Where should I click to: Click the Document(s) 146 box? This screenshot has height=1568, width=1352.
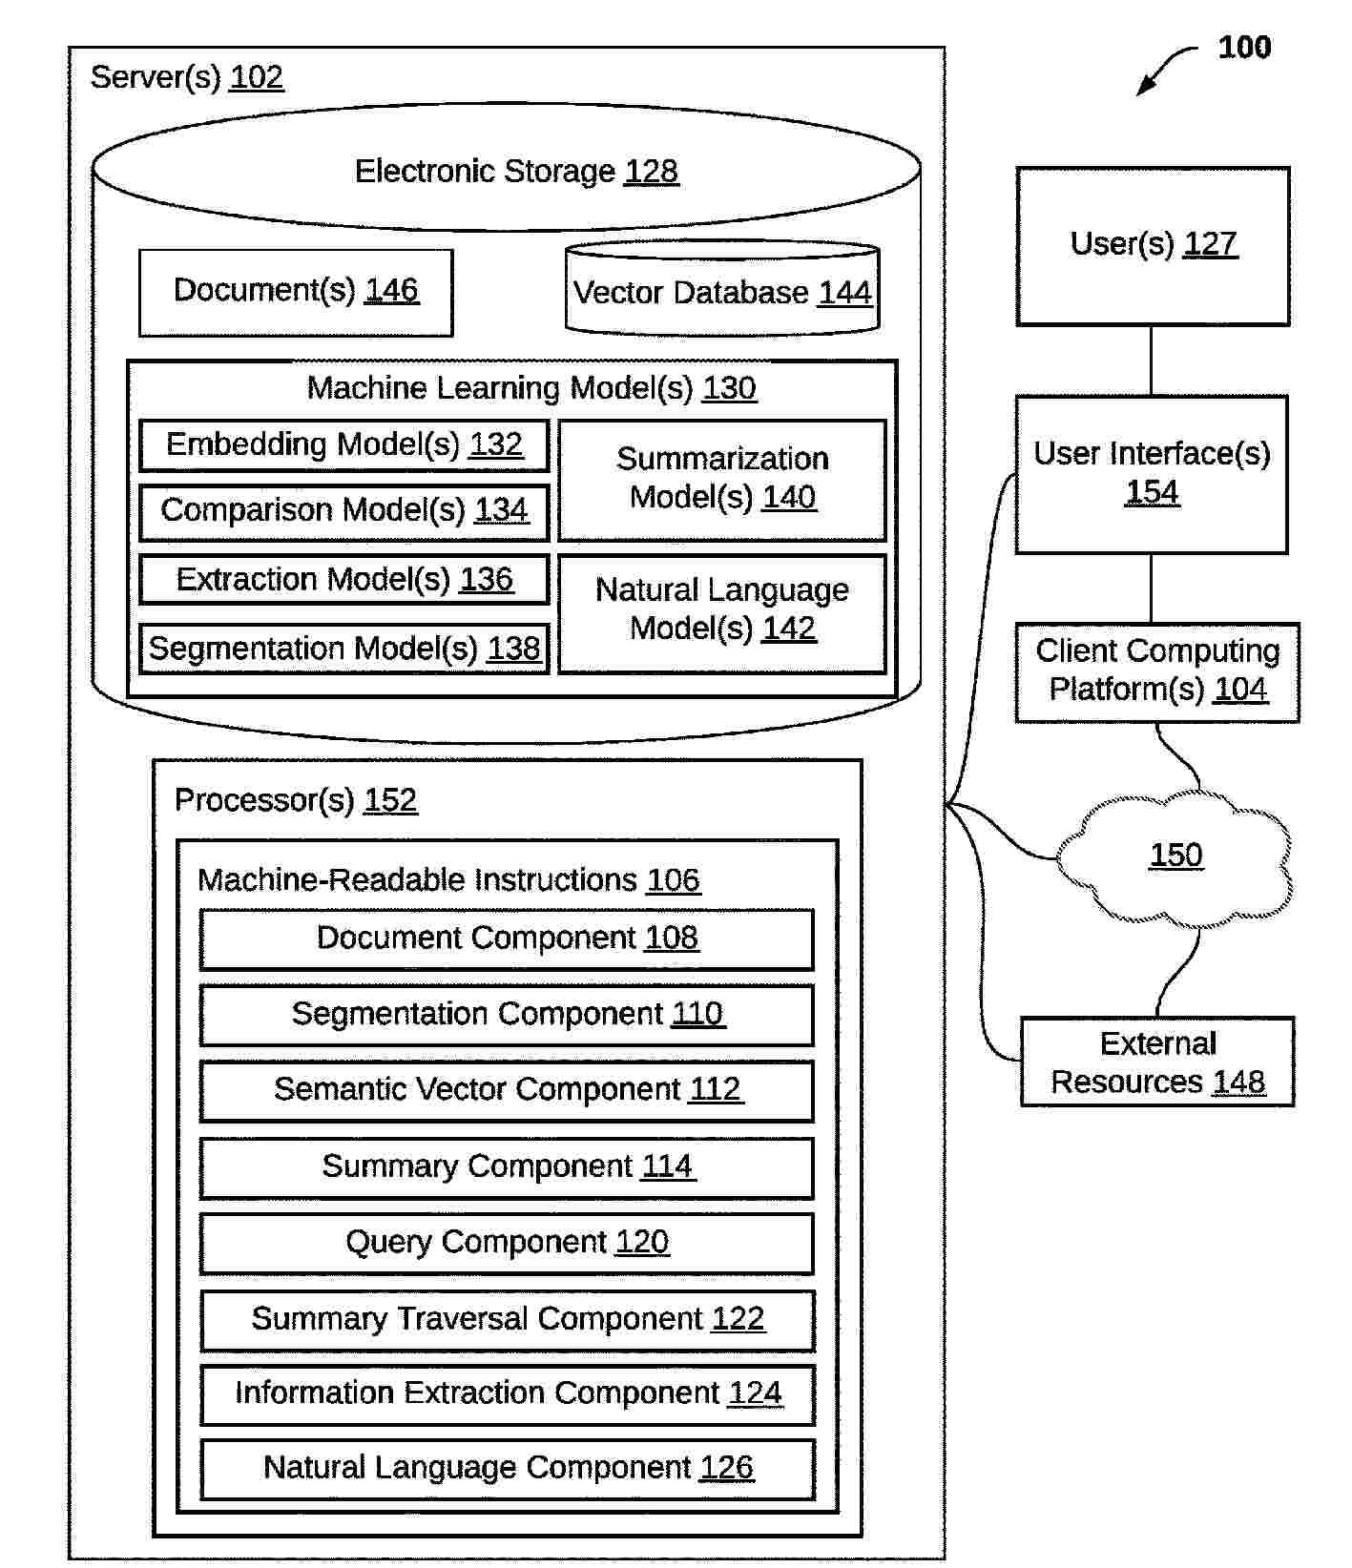(x=296, y=292)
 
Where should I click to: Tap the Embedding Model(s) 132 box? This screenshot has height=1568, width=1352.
(x=344, y=445)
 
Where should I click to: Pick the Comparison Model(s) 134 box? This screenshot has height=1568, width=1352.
(x=344, y=512)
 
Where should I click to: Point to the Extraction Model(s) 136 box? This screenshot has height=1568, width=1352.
(x=344, y=580)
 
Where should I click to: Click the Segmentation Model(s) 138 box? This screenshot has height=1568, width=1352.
(x=344, y=650)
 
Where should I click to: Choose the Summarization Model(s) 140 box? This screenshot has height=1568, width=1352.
(x=722, y=480)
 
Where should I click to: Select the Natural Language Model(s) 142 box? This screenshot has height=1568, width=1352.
(x=722, y=612)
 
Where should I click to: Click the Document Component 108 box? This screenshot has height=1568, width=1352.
(x=507, y=939)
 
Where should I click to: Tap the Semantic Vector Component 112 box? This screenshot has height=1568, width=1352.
(x=507, y=1091)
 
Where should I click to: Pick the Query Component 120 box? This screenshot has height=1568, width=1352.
(x=507, y=1244)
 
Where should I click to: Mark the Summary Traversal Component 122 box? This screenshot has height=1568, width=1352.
(x=508, y=1320)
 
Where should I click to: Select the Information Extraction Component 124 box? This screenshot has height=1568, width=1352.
(x=508, y=1394)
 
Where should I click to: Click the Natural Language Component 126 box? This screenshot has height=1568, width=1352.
(x=508, y=1469)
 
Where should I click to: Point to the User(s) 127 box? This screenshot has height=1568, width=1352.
(x=1153, y=246)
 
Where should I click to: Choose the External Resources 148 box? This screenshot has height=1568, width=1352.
(x=1157, y=1063)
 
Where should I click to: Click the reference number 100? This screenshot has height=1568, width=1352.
(x=1244, y=47)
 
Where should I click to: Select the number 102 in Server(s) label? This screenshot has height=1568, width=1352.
(x=257, y=77)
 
